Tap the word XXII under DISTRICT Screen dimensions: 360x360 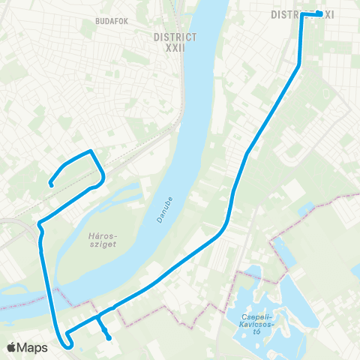click(x=174, y=47)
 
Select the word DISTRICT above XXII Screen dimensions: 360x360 click(x=174, y=36)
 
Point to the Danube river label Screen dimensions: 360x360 click(x=166, y=204)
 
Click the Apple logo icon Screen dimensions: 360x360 click(x=11, y=347)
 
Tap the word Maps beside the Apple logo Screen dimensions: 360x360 click(x=33, y=347)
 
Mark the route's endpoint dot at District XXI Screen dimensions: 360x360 click(x=319, y=13)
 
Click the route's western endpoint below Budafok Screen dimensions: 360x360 click(x=50, y=183)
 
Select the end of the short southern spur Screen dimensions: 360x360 click(x=109, y=337)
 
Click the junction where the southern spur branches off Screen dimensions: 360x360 click(x=98, y=318)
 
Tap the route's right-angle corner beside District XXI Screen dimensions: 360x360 click(x=302, y=14)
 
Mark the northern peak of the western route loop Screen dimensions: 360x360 click(x=91, y=151)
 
